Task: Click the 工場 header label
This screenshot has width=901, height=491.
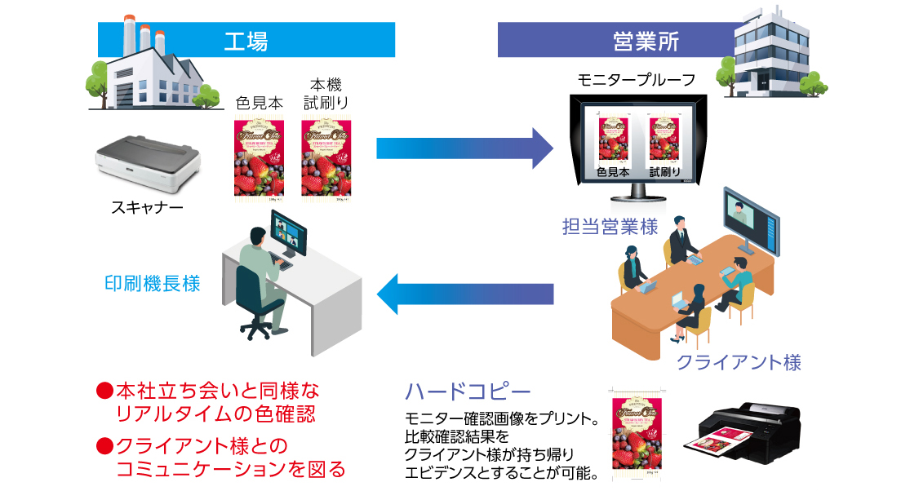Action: click(x=246, y=40)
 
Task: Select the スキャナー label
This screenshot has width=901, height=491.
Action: click(x=148, y=209)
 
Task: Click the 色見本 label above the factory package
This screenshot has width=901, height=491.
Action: click(x=259, y=104)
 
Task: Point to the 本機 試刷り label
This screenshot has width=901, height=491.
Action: click(x=326, y=93)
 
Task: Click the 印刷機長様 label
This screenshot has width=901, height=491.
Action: click(x=152, y=284)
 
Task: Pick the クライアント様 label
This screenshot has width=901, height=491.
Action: click(x=739, y=361)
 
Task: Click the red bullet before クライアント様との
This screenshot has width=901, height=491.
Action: click(x=104, y=445)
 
